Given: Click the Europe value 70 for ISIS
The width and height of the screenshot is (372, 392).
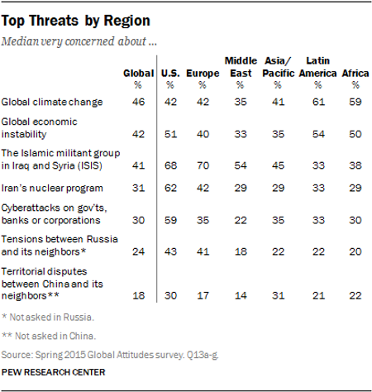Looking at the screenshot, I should (x=203, y=164).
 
